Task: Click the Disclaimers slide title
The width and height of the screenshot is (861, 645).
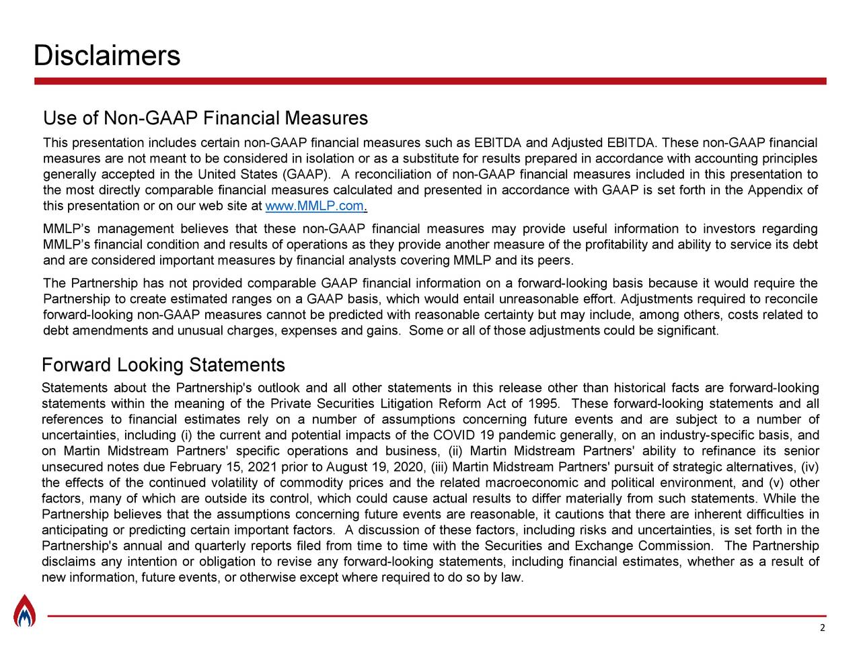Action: point(107,56)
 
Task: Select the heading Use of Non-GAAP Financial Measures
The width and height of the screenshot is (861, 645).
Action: point(205,119)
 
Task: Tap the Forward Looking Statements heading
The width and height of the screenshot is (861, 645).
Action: point(163,365)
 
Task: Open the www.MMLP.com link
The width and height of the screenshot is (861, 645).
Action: point(315,206)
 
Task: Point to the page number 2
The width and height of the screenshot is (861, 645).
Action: point(822,628)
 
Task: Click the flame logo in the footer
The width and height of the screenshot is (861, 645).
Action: point(24,611)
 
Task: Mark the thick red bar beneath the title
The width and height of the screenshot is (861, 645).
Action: point(430,81)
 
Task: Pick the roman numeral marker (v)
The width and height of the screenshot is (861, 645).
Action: point(777,484)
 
